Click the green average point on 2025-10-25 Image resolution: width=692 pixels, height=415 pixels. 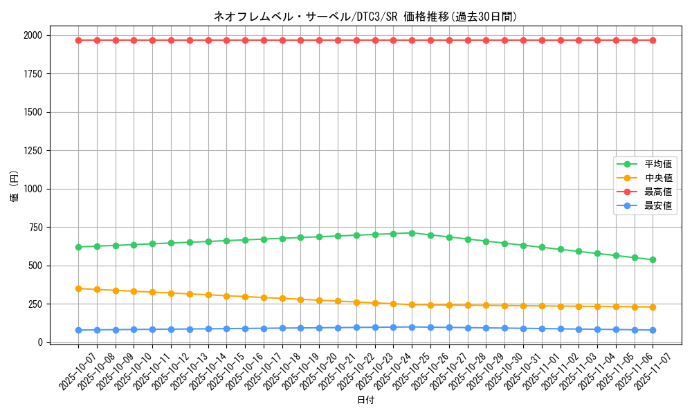pos(412,233)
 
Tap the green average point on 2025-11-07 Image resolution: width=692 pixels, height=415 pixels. pos(653,259)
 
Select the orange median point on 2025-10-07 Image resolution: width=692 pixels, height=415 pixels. pos(78,288)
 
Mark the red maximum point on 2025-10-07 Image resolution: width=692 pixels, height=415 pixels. pos(78,40)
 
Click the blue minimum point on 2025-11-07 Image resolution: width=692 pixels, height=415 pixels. pos(653,330)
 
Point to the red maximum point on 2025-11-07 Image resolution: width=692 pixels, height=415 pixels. pos(653,40)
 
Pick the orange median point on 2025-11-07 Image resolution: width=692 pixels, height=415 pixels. pos(653,307)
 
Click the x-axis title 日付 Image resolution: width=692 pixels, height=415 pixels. pos(365,400)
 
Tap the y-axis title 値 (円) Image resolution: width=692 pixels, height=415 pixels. pos(14,189)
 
